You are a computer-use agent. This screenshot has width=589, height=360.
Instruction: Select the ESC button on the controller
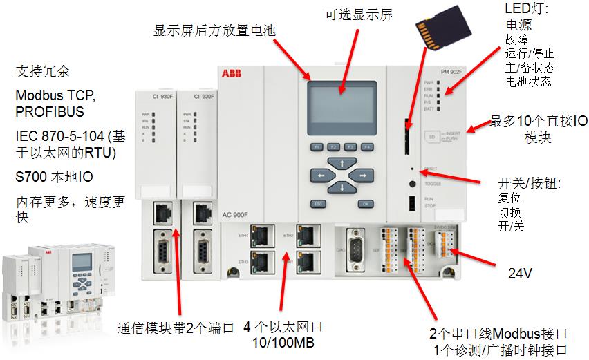(x=318, y=204)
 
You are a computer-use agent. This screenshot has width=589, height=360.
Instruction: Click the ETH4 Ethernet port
(x=260, y=235)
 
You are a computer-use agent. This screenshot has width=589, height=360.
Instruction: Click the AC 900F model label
(x=234, y=215)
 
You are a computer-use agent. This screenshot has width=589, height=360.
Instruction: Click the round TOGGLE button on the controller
(x=413, y=184)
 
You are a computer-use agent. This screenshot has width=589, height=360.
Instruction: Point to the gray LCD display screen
(x=342, y=106)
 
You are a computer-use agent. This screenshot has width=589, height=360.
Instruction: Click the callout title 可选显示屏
(x=359, y=15)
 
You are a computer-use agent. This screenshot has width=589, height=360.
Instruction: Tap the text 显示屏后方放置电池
(x=215, y=30)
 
